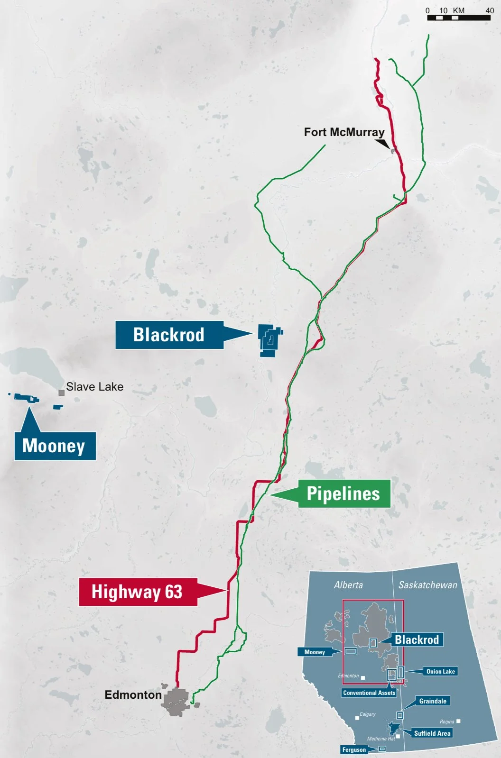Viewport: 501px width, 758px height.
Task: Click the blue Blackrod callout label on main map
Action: tap(169, 335)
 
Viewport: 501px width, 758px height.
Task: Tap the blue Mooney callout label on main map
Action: tap(55, 446)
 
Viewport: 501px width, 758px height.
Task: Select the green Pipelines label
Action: tap(343, 493)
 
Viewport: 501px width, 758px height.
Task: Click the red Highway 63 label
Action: tap(138, 592)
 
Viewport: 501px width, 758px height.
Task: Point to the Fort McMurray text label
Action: tap(344, 132)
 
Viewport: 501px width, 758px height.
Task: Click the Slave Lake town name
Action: tap(94, 387)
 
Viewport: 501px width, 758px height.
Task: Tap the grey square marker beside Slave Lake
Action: tap(61, 393)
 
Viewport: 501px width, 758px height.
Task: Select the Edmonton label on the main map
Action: tap(133, 694)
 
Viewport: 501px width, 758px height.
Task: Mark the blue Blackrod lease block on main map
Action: tap(269, 340)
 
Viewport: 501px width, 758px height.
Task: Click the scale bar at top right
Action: tap(458, 18)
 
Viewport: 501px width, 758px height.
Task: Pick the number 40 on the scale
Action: tap(490, 10)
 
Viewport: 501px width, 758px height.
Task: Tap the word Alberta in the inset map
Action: tap(348, 585)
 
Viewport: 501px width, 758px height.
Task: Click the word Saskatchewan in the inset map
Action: tap(427, 585)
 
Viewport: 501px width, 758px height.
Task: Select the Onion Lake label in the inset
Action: tap(440, 671)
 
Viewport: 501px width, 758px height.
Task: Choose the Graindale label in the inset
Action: tap(432, 701)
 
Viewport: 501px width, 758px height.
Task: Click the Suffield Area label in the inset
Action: tap(432, 733)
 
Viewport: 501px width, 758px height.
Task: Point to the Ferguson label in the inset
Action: tap(354, 749)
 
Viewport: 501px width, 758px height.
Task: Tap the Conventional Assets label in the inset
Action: tap(369, 693)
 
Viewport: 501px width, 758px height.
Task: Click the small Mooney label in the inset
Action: tap(315, 652)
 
